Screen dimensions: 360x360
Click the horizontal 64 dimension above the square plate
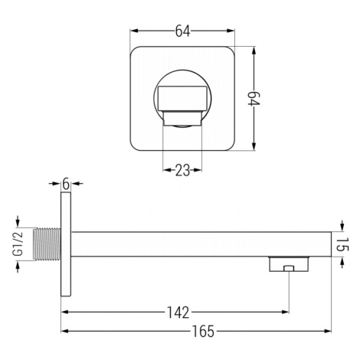182,31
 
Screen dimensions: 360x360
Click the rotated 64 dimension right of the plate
254,99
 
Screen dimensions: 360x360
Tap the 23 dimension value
182,170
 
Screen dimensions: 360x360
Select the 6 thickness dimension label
66,184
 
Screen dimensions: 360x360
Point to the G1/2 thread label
19,244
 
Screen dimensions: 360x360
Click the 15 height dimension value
342,244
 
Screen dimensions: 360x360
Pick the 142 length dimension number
178,313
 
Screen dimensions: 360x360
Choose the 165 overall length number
204,332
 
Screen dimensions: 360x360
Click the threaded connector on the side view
47,244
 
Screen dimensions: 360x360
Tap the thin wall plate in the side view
66,244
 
